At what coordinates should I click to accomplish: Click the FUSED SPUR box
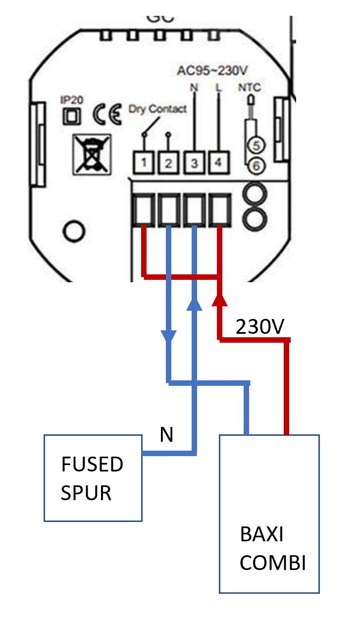point(93,477)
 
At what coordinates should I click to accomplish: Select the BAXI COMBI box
point(269,513)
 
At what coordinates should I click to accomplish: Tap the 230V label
point(260,327)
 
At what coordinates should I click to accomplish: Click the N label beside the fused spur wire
point(166,435)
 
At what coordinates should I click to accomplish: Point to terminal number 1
point(143,162)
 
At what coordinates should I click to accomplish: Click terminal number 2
point(168,162)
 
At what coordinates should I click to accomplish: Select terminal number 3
point(194,162)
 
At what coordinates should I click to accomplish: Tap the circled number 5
point(256,145)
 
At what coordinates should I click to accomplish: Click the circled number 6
point(256,166)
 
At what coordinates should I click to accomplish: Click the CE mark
point(107,115)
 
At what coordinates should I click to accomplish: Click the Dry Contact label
point(157,109)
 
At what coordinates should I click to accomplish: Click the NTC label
point(249,88)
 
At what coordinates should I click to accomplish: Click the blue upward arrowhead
point(195,304)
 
